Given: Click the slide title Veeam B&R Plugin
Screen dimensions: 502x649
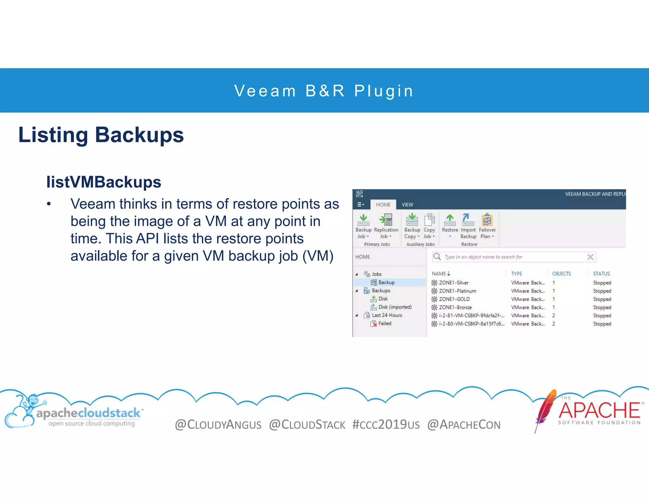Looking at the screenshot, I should click(x=324, y=91).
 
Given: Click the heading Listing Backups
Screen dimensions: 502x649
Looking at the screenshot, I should click(x=101, y=135).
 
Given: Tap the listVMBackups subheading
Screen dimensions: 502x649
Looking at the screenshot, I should click(x=104, y=182).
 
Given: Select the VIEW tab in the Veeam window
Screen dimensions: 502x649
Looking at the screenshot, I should click(x=407, y=205).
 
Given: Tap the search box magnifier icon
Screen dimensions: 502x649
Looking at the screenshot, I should click(x=437, y=257).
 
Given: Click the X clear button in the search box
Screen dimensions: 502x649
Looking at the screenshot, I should click(x=590, y=257).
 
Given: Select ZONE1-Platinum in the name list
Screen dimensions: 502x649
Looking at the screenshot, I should click(x=457, y=291).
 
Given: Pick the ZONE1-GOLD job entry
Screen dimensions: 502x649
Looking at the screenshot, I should click(x=454, y=299).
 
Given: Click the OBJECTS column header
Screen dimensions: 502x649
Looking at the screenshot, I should click(x=561, y=274).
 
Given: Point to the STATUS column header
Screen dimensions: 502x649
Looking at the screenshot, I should click(x=601, y=274).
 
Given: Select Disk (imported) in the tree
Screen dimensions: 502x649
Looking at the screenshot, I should click(x=395, y=307).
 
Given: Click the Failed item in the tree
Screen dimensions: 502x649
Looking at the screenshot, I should click(x=384, y=324).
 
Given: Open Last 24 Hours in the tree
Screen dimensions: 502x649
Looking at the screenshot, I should click(x=387, y=315).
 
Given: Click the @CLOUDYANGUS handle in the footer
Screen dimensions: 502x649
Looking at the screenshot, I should click(x=218, y=425).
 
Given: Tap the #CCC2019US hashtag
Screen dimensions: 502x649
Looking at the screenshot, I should click(x=386, y=425).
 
